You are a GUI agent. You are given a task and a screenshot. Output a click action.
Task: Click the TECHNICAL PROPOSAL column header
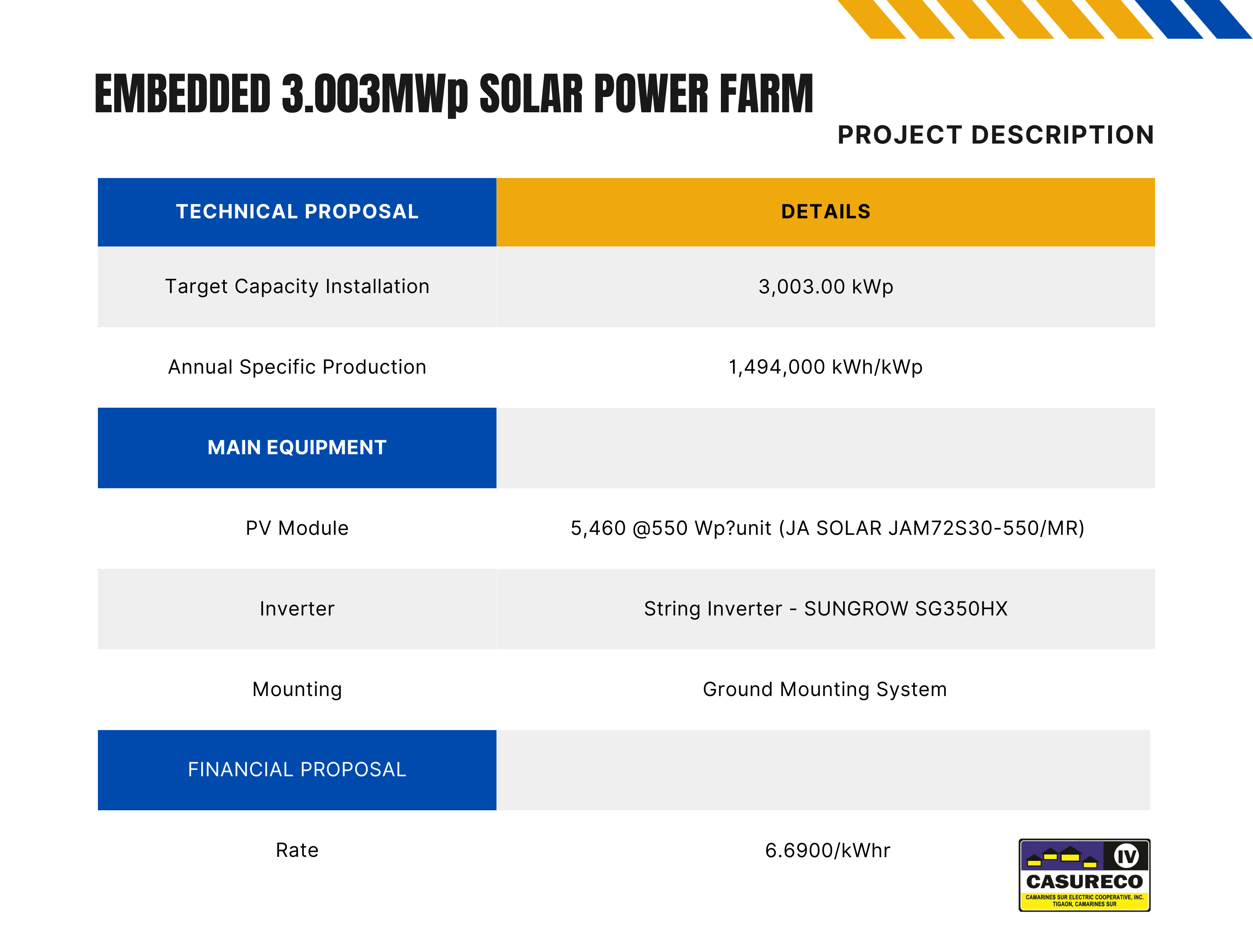[x=297, y=212]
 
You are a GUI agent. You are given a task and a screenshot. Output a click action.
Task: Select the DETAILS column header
[x=826, y=212]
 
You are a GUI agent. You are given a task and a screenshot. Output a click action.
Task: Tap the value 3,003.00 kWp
[x=826, y=287]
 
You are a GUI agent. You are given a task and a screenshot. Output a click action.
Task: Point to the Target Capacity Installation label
[x=297, y=287]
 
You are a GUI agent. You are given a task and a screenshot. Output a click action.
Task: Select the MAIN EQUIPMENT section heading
[x=297, y=448]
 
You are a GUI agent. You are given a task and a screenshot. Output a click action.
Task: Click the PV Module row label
[x=297, y=528]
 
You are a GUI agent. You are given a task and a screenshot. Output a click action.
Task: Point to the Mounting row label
[x=297, y=690]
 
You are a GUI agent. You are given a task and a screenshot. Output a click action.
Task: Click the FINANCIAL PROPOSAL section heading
[x=297, y=770]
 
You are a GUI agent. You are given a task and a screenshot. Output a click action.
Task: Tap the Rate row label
[x=297, y=850]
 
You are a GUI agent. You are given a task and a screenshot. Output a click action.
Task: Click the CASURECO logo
[x=1084, y=875]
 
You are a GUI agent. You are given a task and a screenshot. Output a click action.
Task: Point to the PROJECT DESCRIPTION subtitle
[x=996, y=135]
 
